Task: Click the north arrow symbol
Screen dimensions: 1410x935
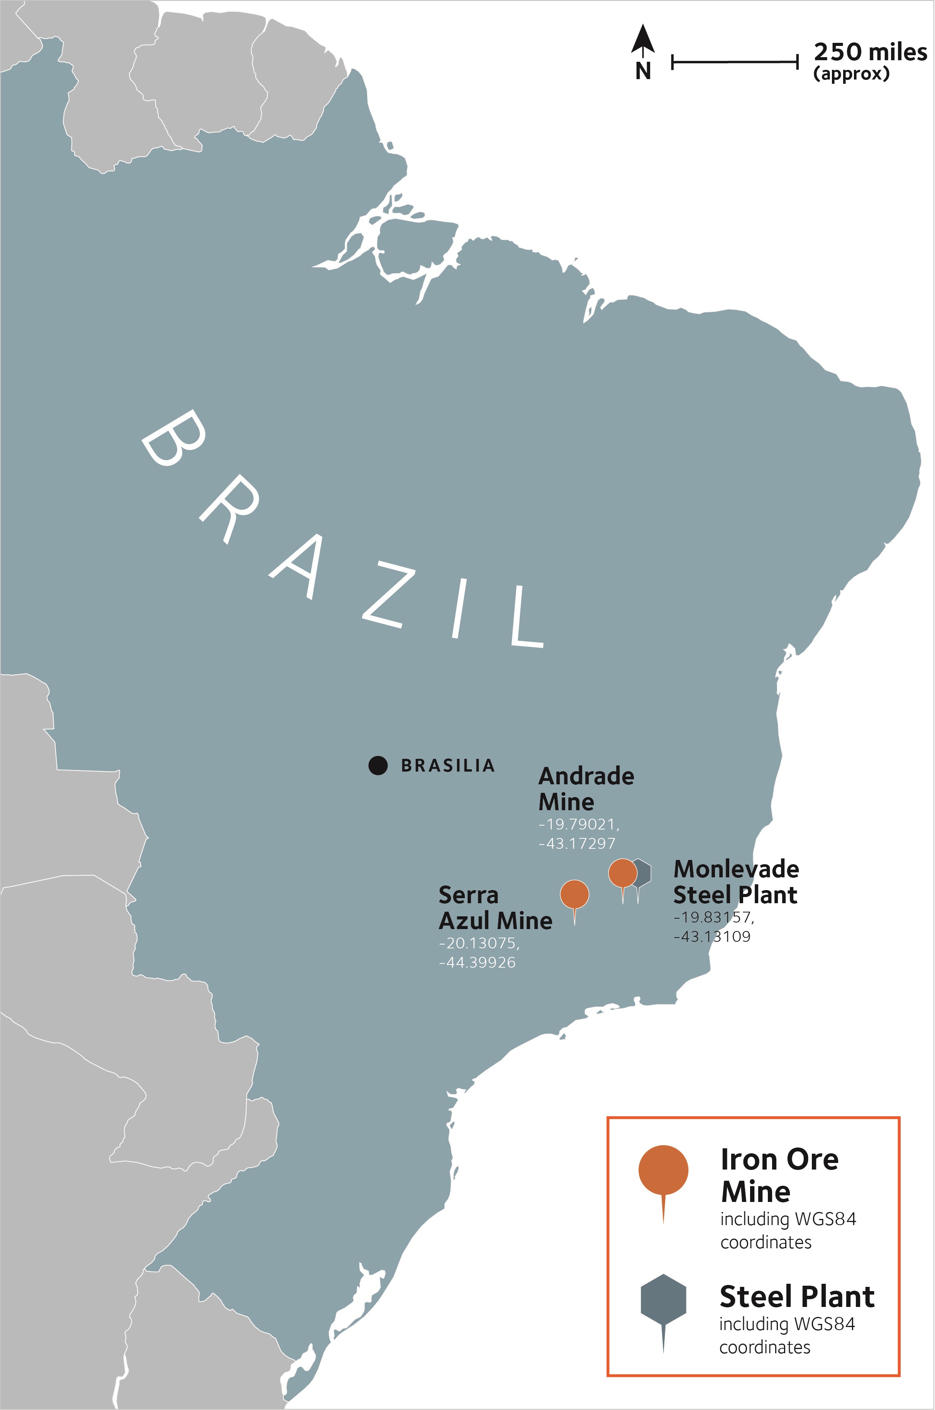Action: (x=643, y=41)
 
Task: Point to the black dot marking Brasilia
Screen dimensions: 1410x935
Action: (x=378, y=765)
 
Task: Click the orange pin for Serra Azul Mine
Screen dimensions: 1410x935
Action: (x=574, y=894)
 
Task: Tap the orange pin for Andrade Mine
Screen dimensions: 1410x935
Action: (x=623, y=873)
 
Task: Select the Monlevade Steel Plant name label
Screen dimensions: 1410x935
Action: (x=736, y=882)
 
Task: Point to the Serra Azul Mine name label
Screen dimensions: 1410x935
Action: (x=495, y=908)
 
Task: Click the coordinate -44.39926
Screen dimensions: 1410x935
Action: (x=477, y=962)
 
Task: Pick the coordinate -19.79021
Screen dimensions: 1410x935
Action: (x=578, y=824)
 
